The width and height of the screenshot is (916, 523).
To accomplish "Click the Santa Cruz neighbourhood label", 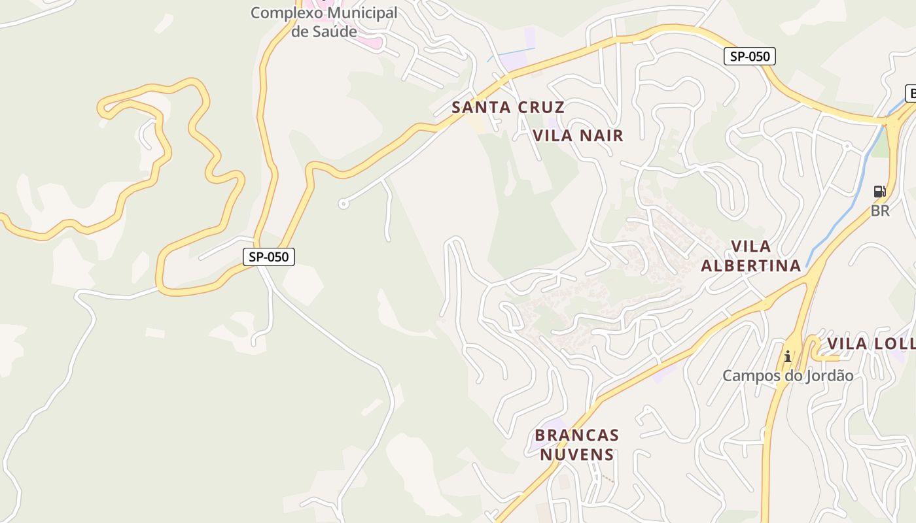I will tap(508, 107).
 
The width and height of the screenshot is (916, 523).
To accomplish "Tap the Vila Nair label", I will tap(578, 135).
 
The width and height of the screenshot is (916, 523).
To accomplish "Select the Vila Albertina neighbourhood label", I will tap(750, 256).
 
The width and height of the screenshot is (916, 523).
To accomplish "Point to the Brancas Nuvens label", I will tap(576, 445).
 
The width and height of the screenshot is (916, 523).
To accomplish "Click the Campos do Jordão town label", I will tap(788, 376).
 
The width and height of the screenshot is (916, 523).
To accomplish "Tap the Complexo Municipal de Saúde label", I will tap(324, 22).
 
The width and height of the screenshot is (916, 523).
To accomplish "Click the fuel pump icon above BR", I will tap(880, 192).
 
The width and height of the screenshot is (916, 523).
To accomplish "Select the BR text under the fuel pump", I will tap(880, 211).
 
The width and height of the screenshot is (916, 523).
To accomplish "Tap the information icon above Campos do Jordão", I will tap(788, 356).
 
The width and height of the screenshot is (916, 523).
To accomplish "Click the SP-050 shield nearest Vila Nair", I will tap(750, 56).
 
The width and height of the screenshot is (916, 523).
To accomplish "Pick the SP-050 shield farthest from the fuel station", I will tap(269, 257).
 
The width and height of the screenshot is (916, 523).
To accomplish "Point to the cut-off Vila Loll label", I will tap(870, 344).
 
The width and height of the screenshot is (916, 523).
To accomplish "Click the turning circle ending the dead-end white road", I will tap(343, 204).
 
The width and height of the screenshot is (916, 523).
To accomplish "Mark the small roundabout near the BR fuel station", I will tap(847, 145).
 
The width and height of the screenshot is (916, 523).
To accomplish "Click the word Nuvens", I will tap(576, 454).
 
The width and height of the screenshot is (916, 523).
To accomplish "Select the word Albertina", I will tap(750, 265).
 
